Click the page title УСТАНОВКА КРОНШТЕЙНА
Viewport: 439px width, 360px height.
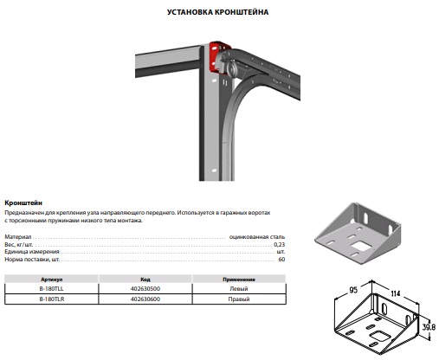(x=217, y=12)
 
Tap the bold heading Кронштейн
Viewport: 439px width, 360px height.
(x=23, y=202)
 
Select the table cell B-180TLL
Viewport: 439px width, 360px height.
(x=52, y=289)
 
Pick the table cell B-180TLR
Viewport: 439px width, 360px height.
(x=52, y=299)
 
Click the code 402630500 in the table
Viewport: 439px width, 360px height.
(x=145, y=289)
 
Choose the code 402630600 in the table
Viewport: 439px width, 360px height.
(x=145, y=299)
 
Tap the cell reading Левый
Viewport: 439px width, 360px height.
(x=239, y=289)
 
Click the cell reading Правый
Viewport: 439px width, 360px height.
(x=239, y=299)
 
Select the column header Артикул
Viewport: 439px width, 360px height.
(x=52, y=280)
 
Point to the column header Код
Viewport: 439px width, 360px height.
(x=145, y=280)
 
